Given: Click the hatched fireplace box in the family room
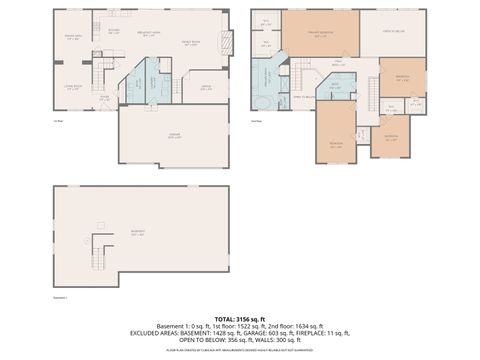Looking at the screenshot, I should [229, 43].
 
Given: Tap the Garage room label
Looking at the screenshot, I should [173, 136].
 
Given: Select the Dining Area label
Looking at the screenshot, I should [71, 37].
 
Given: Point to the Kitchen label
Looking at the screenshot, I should [114, 31].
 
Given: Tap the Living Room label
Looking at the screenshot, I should [73, 87].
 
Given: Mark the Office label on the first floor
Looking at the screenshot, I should [205, 87].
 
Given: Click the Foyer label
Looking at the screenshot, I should [104, 98].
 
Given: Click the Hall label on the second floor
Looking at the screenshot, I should [340, 63].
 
